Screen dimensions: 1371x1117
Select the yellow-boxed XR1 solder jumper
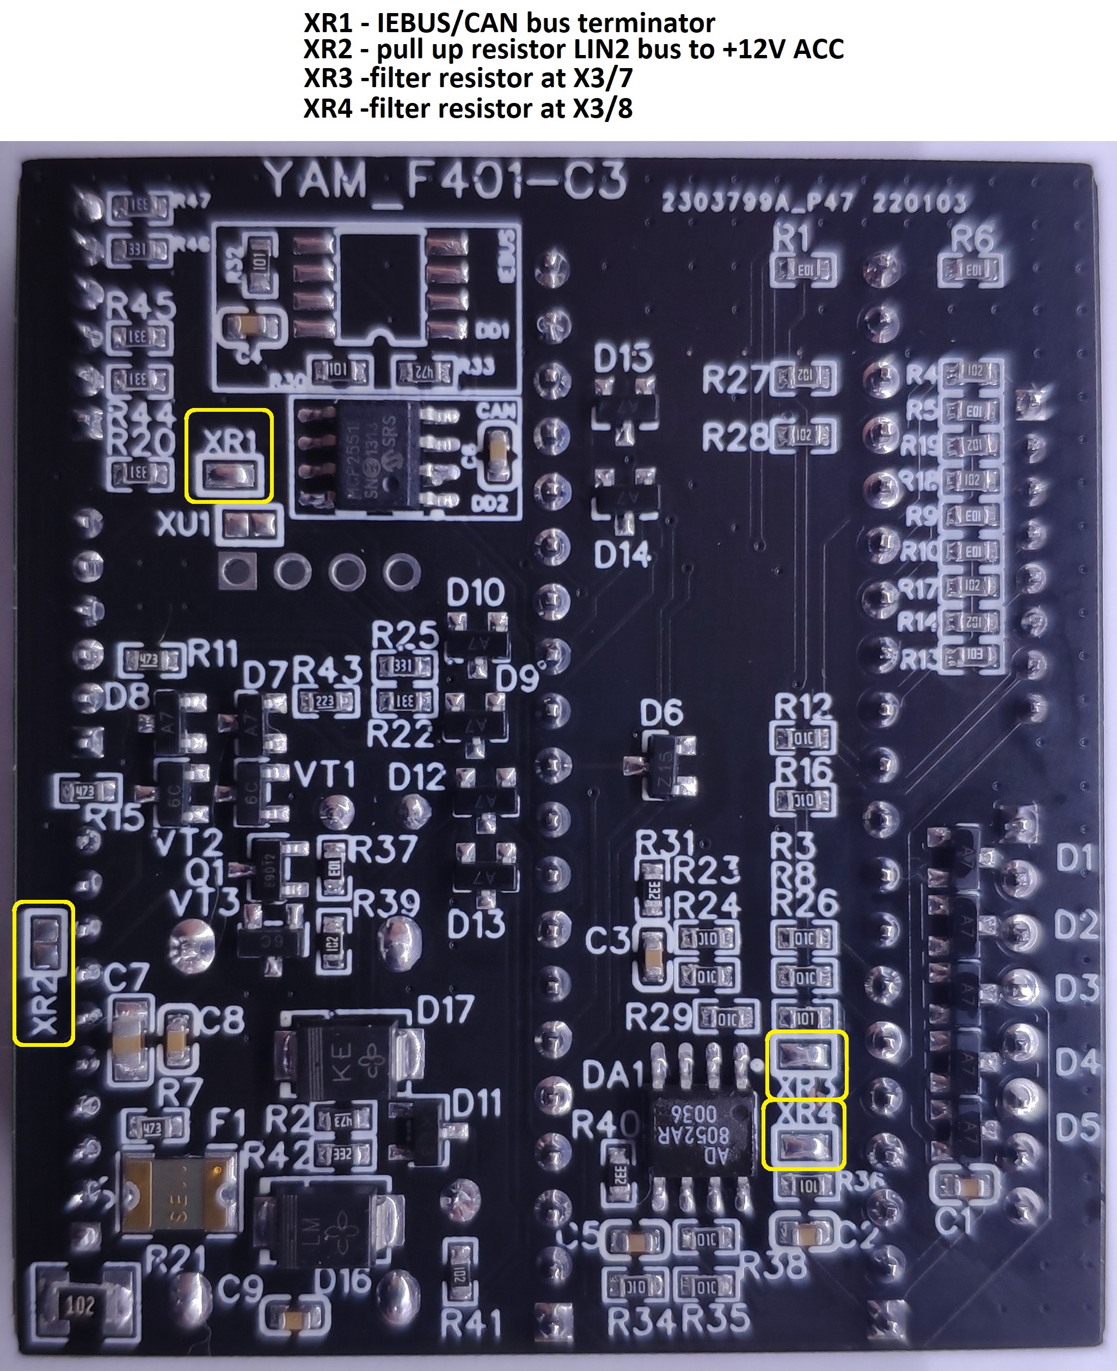[x=230, y=476]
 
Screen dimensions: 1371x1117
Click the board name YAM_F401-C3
[x=445, y=181]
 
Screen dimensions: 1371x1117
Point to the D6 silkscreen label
[x=661, y=713]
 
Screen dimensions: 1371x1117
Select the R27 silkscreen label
[x=735, y=380]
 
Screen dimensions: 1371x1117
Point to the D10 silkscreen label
[x=476, y=592]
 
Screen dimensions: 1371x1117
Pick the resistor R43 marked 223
[x=326, y=702]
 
